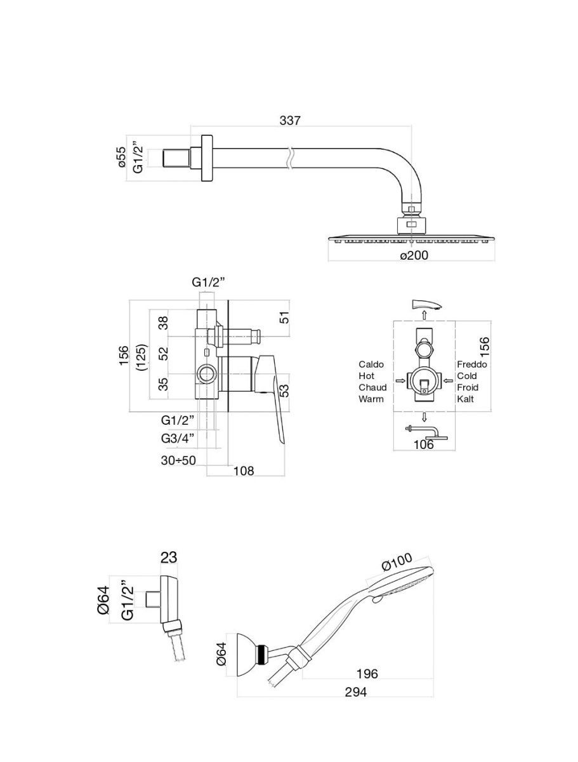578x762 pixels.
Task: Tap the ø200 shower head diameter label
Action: pyautogui.click(x=414, y=256)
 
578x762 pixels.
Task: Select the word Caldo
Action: pyautogui.click(x=372, y=364)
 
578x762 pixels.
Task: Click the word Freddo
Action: pyautogui.click(x=472, y=364)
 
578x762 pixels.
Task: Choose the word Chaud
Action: pyautogui.click(x=372, y=388)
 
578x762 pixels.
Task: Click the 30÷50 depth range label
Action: pyautogui.click(x=178, y=460)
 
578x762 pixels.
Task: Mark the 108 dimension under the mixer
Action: pyautogui.click(x=244, y=471)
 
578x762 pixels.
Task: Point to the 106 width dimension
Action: pyautogui.click(x=423, y=444)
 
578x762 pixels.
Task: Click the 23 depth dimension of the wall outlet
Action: pyautogui.click(x=168, y=558)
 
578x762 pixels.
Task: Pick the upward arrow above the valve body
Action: pyautogui.click(x=424, y=316)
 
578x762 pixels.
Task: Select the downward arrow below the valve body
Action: pyautogui.click(x=424, y=417)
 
